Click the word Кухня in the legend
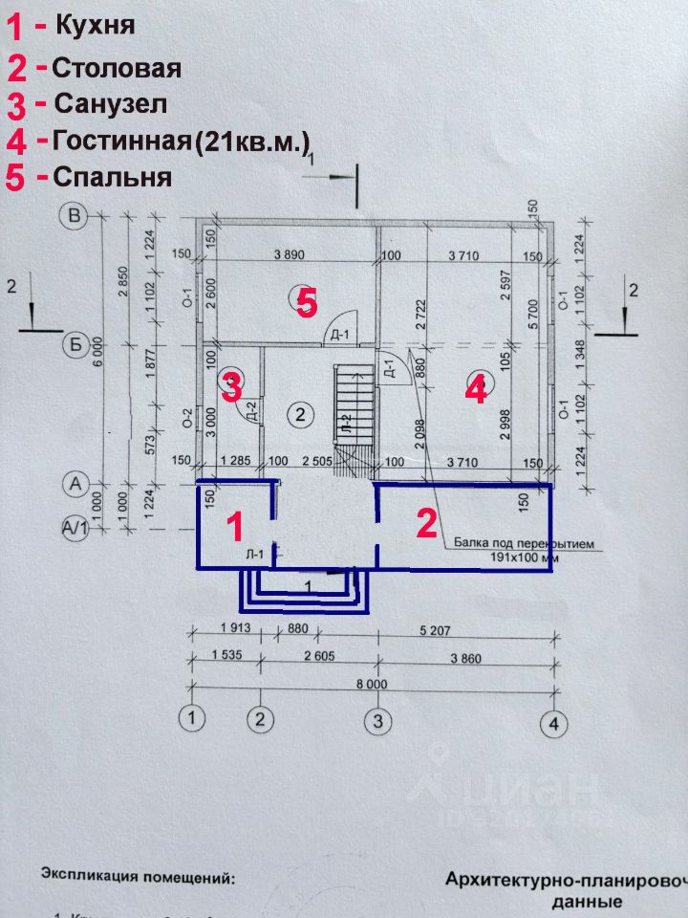95,25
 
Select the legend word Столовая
117,68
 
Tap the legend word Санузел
111,103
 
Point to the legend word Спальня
113,178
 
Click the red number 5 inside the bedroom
306,304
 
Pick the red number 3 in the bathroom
231,387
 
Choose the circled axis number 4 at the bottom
552,723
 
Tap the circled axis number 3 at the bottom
379,720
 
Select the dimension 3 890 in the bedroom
296,255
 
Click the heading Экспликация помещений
137,875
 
